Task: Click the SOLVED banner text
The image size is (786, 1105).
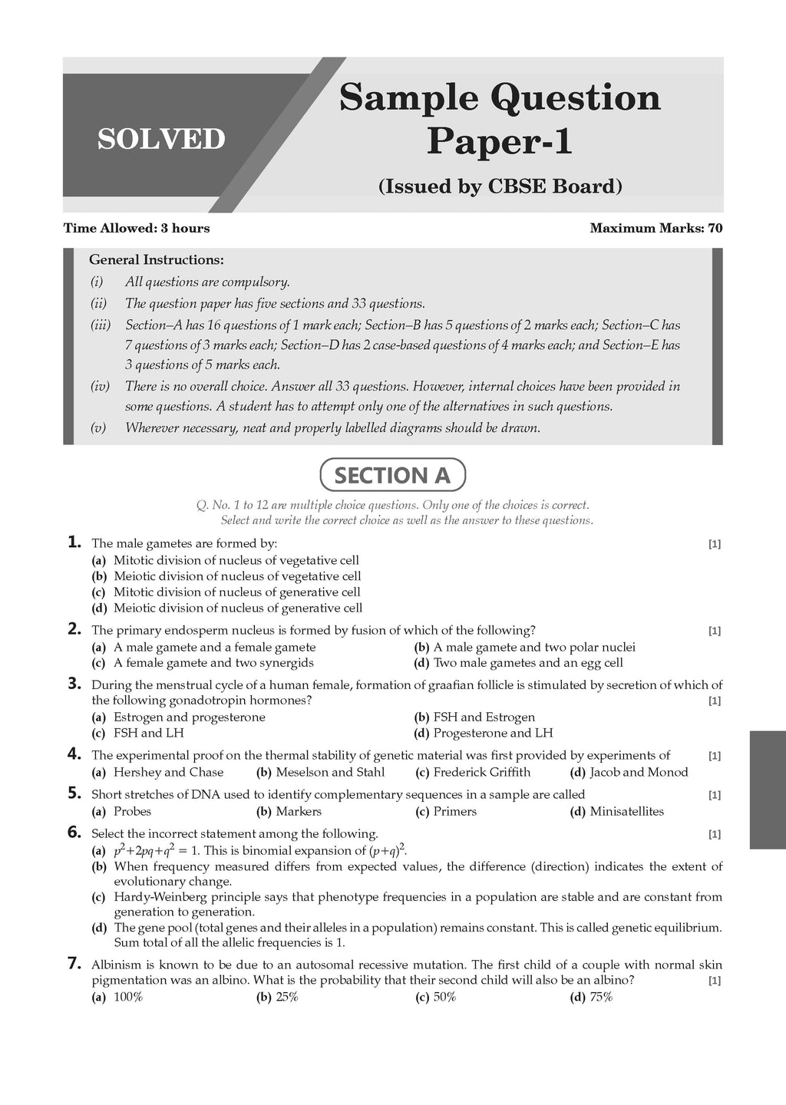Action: [161, 139]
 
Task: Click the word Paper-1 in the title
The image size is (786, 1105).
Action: [499, 141]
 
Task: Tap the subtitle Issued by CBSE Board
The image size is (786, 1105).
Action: [500, 186]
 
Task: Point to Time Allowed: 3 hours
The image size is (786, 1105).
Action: [136, 228]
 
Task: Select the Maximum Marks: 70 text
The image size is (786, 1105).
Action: [656, 228]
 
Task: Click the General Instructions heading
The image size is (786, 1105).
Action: [157, 260]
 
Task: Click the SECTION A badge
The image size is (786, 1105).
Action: [392, 476]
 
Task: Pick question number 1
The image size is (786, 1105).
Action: [74, 543]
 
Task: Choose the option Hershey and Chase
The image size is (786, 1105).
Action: [168, 772]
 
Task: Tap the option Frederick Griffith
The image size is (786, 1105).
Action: [481, 772]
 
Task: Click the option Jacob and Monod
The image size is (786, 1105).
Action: [639, 772]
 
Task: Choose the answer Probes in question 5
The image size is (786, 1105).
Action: [132, 811]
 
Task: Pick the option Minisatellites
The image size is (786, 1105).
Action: [626, 811]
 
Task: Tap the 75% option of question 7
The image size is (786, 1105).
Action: [601, 997]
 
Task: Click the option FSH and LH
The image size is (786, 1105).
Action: [148, 733]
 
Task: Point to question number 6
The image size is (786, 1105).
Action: [74, 833]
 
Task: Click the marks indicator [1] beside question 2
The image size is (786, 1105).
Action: [714, 631]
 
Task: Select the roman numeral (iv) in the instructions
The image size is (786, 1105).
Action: [101, 386]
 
